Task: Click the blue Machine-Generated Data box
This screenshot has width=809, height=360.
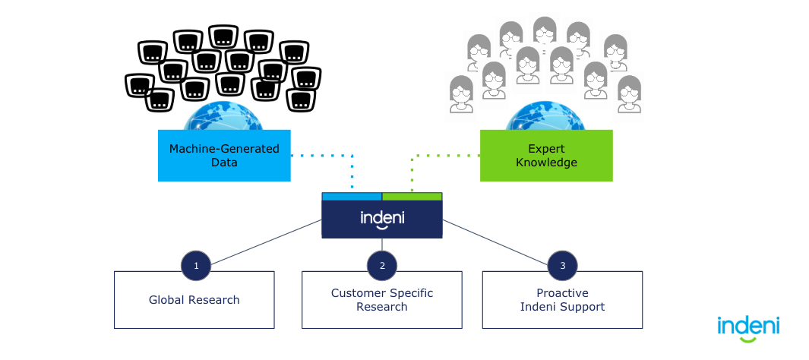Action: click(x=224, y=155)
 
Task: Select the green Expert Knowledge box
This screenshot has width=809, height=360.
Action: click(x=546, y=155)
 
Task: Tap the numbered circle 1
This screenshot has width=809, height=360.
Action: click(x=196, y=265)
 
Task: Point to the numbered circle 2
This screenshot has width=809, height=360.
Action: click(x=382, y=265)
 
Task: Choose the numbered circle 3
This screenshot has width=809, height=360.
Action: click(x=562, y=265)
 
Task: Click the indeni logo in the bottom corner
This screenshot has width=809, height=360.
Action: click(x=748, y=327)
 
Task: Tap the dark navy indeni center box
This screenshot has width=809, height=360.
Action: click(x=382, y=219)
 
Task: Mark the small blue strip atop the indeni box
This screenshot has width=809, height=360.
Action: click(x=352, y=196)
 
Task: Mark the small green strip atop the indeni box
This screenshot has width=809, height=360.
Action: click(x=412, y=196)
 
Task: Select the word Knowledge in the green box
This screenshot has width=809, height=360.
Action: click(x=546, y=163)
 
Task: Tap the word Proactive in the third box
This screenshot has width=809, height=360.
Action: click(x=562, y=293)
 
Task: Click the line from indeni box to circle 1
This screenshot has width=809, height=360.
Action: click(x=266, y=242)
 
